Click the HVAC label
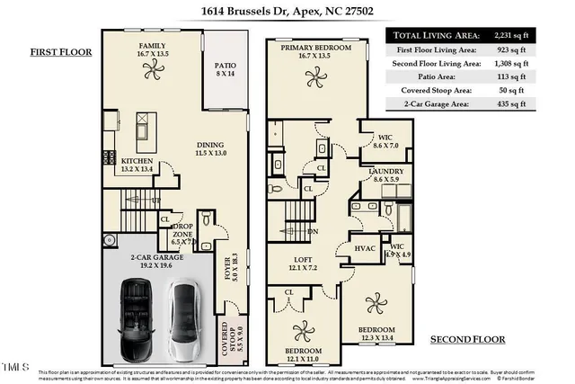click(x=365, y=248)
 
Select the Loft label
click(x=304, y=263)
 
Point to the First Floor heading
click(x=60, y=52)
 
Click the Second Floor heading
click(x=467, y=339)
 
